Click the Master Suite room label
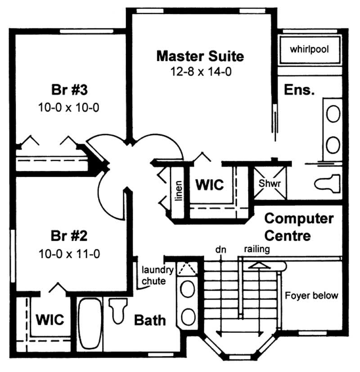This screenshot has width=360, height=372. tap(200, 56)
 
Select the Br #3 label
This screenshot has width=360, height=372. tap(69, 90)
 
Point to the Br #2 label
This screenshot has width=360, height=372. tap(69, 236)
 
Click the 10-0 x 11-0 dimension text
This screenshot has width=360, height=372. tap(69, 254)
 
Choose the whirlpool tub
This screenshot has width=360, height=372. tap(309, 49)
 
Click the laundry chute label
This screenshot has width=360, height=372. tap(157, 275)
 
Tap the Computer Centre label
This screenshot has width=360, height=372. tap(299, 227)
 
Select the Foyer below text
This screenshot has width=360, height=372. tap(311, 296)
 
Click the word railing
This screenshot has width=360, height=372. tap(257, 249)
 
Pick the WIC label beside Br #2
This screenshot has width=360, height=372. tap(50, 320)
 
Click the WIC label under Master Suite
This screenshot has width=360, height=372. tap(209, 185)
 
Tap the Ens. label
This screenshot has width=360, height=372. tap(299, 90)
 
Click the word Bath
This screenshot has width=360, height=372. tap(150, 320)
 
